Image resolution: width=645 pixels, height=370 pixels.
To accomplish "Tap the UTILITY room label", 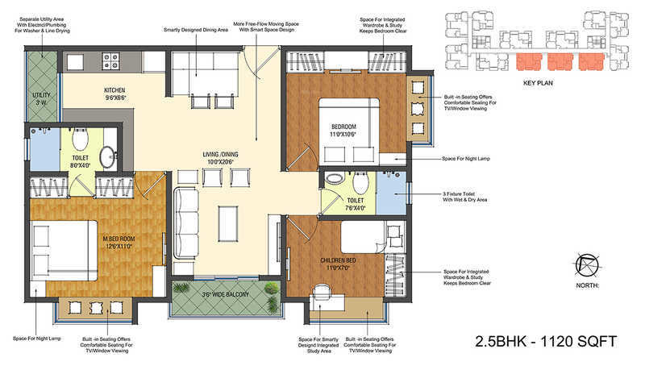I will coord(40,98).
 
